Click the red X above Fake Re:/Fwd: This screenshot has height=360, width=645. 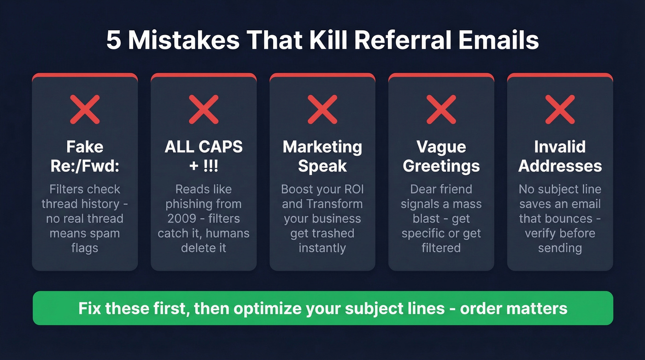(x=85, y=109)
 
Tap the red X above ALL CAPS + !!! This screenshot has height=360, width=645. (x=204, y=109)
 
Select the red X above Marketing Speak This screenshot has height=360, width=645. (x=322, y=109)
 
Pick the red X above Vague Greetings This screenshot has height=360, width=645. (x=441, y=109)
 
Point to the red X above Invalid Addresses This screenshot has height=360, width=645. (x=560, y=109)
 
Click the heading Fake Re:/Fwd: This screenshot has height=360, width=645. (x=85, y=156)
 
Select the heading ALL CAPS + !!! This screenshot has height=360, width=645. (x=204, y=156)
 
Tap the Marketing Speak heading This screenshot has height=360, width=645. (x=322, y=156)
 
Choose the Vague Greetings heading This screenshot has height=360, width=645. (x=441, y=156)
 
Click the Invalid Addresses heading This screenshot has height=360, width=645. (x=560, y=156)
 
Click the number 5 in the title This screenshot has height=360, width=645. (x=114, y=41)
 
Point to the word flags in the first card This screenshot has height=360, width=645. (x=85, y=248)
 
